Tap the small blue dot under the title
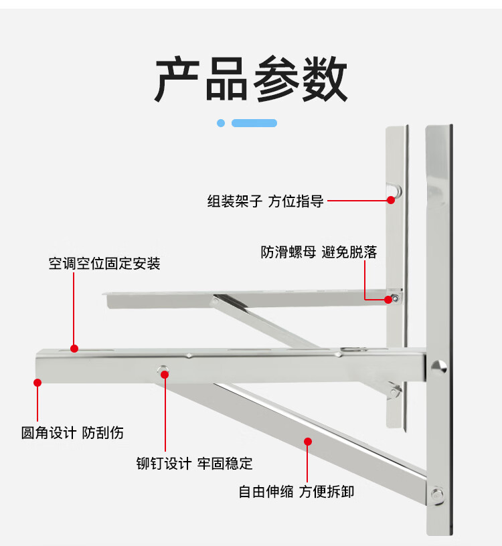[x=221, y=123]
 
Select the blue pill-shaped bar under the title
[x=254, y=123]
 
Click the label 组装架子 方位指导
[x=265, y=201]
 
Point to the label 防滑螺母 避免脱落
[x=319, y=252]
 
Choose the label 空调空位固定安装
[x=104, y=264]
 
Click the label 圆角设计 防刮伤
[x=72, y=433]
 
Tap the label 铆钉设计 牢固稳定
[x=194, y=463]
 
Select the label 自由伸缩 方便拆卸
[x=297, y=492]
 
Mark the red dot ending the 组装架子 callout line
[x=391, y=199]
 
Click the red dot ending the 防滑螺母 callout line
[x=388, y=300]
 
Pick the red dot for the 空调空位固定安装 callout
[x=74, y=349]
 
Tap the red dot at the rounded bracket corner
[x=38, y=383]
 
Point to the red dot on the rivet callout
[x=165, y=375]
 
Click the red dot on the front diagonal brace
[x=308, y=441]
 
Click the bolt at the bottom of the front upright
[x=437, y=494]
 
